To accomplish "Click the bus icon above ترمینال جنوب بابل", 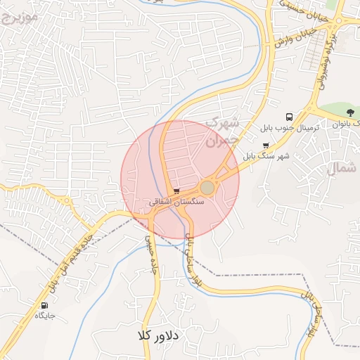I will [289, 117].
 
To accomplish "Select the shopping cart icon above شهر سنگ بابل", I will [265, 146].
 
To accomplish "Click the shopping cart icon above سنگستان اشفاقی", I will [176, 191].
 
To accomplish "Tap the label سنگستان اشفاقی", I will [176, 201].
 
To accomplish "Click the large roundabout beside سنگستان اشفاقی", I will [207, 188].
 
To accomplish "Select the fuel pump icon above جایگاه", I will [46, 306].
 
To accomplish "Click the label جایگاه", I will [46, 316].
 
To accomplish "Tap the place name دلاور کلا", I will [161, 336].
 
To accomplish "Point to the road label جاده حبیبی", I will [150, 254].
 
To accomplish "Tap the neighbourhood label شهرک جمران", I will [222, 131].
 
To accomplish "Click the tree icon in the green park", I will [350, 113].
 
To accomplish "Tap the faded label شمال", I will [344, 168].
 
